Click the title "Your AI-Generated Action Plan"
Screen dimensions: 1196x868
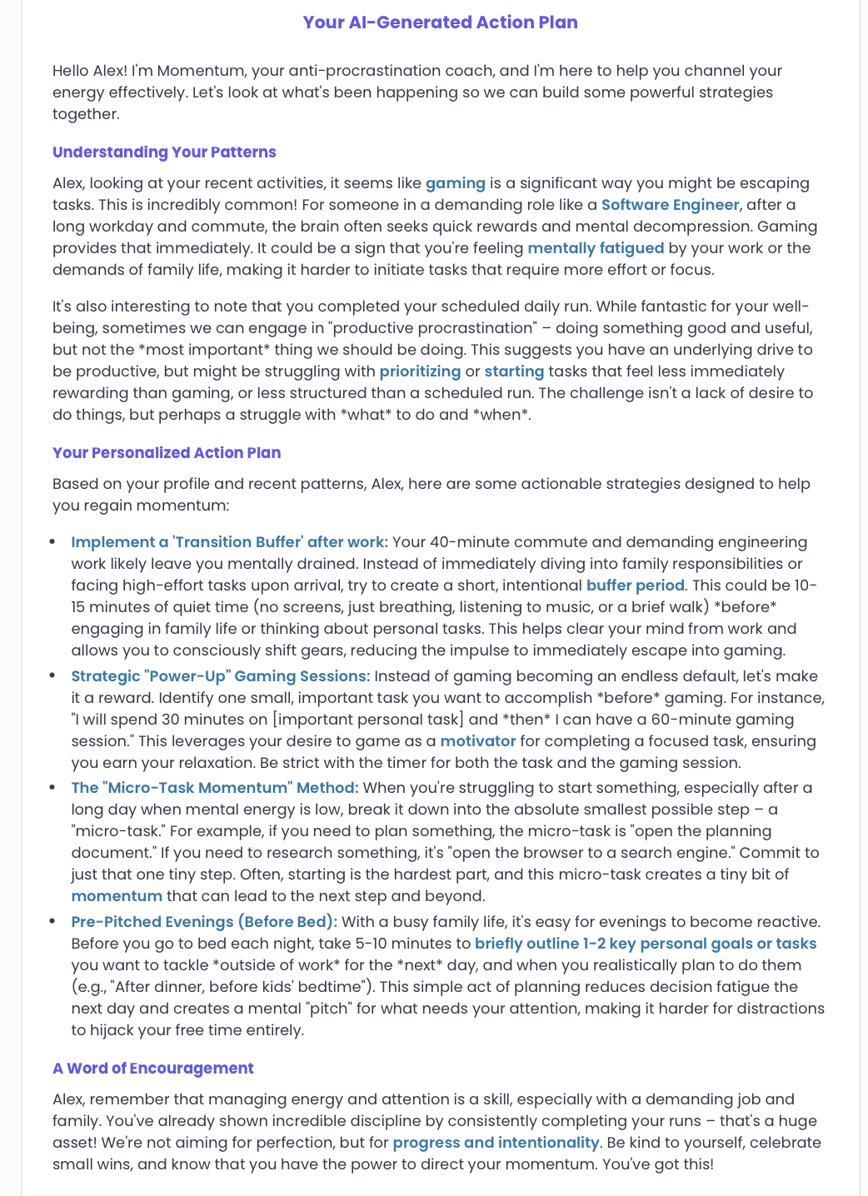click(x=440, y=22)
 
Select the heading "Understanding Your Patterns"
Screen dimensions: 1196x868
click(x=164, y=152)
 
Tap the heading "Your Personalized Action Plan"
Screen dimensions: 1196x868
click(x=167, y=453)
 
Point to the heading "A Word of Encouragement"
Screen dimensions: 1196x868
click(x=152, y=1069)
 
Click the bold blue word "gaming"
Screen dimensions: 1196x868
click(x=455, y=183)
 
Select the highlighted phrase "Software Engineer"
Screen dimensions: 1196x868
click(x=670, y=205)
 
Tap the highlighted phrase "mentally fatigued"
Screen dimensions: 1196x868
click(x=596, y=248)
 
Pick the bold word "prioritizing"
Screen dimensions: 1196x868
click(x=420, y=371)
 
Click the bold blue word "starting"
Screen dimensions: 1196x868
click(x=514, y=371)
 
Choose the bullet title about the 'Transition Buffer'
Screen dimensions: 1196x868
click(x=229, y=542)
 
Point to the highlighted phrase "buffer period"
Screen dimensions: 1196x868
click(x=635, y=586)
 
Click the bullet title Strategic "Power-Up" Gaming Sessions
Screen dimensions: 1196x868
click(x=220, y=676)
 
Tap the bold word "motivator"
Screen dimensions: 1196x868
click(x=477, y=741)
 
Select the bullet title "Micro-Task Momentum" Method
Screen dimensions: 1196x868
click(x=214, y=788)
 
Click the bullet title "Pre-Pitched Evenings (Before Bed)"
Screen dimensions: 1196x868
click(x=204, y=922)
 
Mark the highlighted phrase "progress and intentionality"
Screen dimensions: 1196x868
click(x=496, y=1143)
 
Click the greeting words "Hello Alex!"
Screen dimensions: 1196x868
click(x=89, y=71)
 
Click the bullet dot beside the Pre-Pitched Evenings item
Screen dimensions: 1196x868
click(x=52, y=922)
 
